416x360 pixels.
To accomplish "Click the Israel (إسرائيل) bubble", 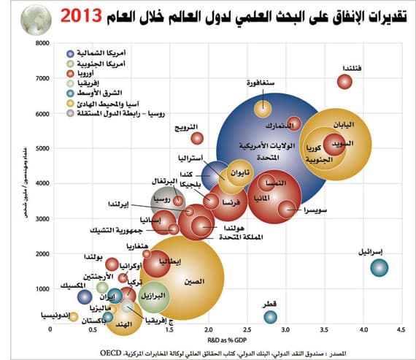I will coord(378,267).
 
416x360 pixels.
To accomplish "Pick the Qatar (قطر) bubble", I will coord(270,316).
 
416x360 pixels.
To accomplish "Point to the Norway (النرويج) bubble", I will coord(196,138).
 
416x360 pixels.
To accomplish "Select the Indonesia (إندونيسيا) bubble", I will coord(74,315).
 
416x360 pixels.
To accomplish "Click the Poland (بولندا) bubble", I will coord(112,264).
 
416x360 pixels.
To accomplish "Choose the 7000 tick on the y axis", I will coord(41,79).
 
